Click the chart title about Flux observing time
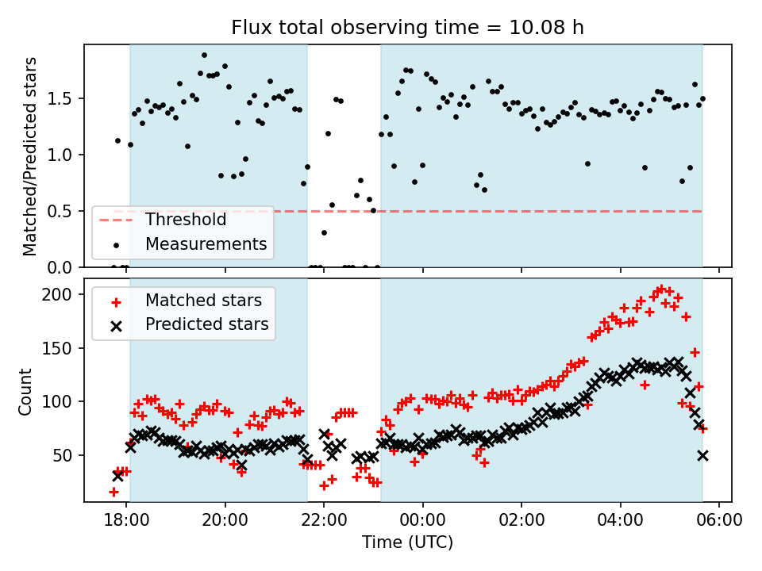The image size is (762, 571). click(407, 28)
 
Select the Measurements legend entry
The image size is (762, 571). click(206, 243)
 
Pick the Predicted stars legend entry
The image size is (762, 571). click(206, 324)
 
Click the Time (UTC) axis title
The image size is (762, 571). click(407, 543)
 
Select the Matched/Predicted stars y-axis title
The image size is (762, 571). click(31, 156)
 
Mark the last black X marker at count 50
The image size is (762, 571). click(702, 455)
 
